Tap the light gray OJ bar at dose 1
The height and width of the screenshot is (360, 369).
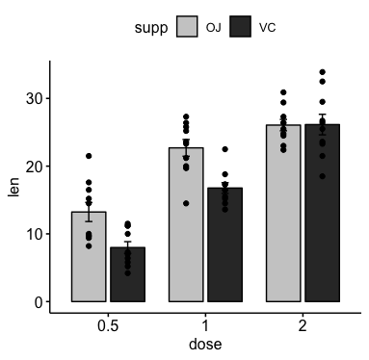coord(186,225)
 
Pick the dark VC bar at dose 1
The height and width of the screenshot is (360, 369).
coord(224,244)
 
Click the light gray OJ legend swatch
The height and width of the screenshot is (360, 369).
coord(187,27)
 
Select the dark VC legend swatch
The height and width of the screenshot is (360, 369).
coord(240,27)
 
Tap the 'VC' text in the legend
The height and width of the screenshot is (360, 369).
coord(267,28)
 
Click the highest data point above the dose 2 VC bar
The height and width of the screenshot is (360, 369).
coord(322,72)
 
